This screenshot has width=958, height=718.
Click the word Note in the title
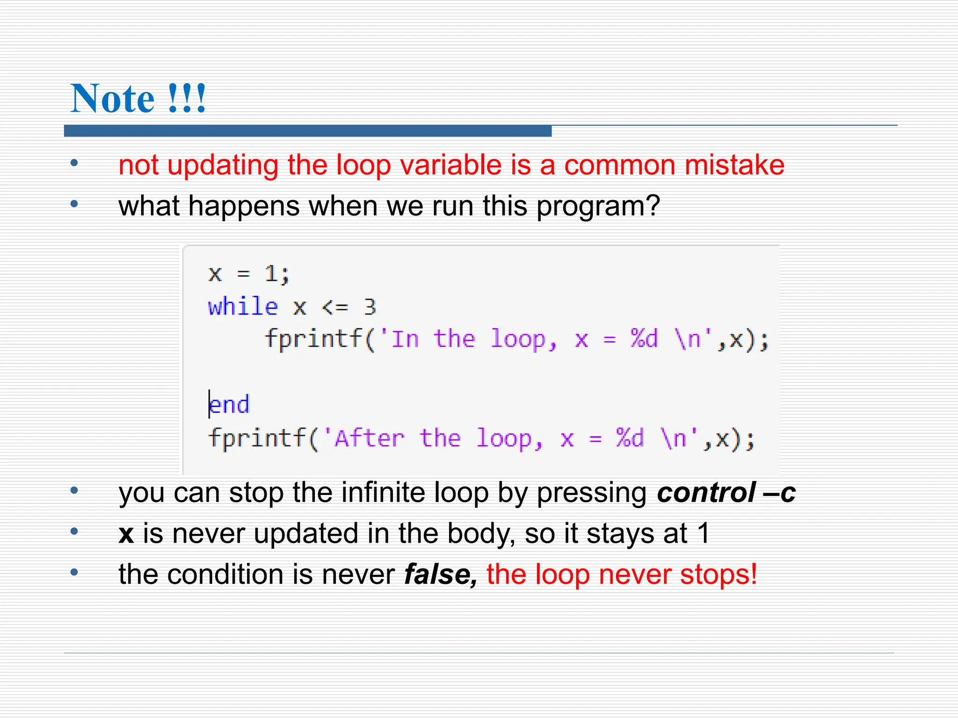(112, 99)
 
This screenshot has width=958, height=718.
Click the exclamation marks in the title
(187, 99)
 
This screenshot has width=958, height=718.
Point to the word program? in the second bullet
(598, 207)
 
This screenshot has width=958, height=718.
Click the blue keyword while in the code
(243, 307)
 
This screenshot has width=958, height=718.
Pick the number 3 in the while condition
(370, 307)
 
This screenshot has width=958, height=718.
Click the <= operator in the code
(335, 307)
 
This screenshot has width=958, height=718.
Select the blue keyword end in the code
(229, 405)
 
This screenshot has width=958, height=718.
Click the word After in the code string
(370, 438)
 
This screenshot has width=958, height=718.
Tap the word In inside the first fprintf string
(405, 339)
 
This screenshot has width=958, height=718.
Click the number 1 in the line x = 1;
(271, 273)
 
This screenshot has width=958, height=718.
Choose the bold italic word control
(706, 493)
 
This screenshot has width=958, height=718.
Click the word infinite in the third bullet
(383, 493)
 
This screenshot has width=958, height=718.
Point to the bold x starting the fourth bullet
(126, 534)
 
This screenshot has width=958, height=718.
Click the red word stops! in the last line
(718, 574)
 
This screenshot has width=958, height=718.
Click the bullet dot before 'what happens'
(74, 204)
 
